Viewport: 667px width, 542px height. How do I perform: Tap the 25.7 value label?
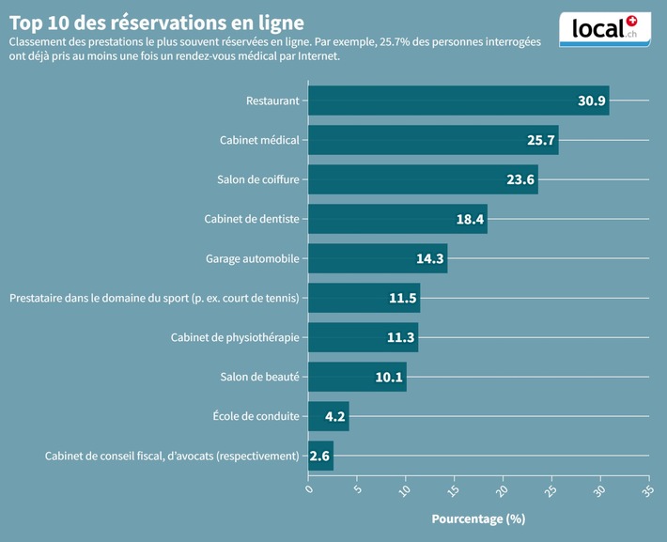point(541,141)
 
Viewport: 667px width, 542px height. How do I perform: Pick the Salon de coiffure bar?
point(423,179)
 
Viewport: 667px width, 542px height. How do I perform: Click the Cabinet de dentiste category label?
point(252,219)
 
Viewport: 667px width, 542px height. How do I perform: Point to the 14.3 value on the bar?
point(430,259)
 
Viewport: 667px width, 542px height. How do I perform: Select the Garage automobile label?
point(253,258)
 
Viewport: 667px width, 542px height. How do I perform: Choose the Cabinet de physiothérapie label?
point(235,337)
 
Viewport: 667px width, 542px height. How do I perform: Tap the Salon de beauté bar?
point(357,377)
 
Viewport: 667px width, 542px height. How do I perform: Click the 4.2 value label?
point(335,417)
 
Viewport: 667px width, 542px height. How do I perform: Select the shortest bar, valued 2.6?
point(320,456)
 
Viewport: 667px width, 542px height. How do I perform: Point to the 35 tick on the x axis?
point(646,490)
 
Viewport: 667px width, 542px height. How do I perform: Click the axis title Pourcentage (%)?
point(478,519)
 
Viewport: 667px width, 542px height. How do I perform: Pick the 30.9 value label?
point(591,101)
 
